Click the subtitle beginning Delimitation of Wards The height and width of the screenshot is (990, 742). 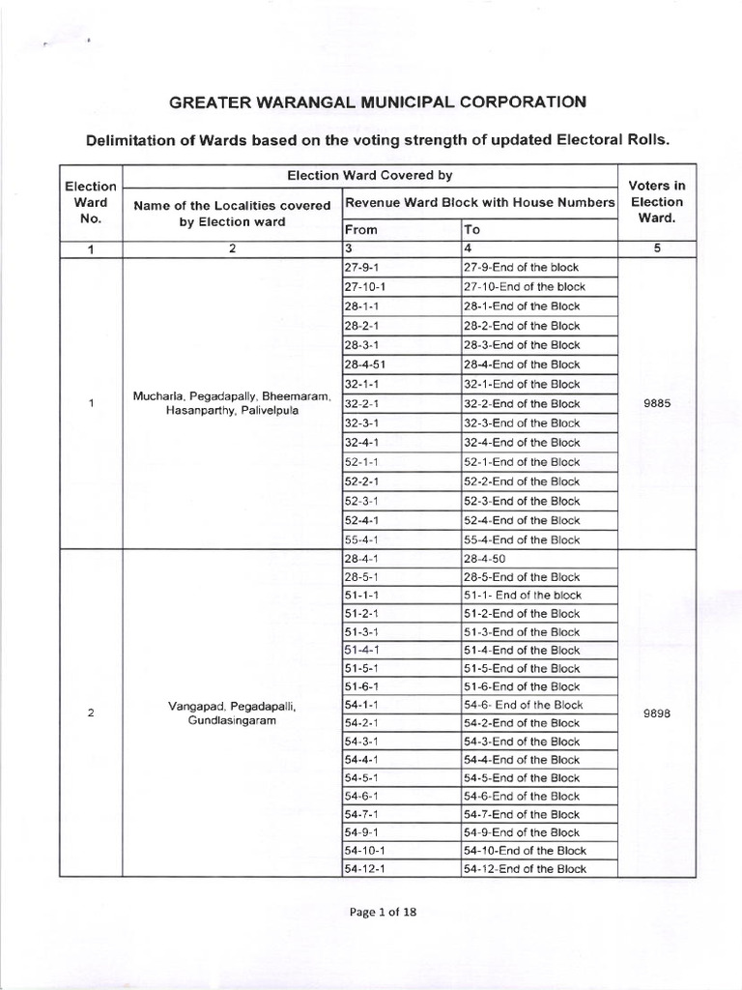(x=378, y=139)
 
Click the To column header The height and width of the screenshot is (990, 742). (x=472, y=231)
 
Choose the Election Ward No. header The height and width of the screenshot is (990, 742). (x=90, y=202)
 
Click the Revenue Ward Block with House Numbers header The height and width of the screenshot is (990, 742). (x=479, y=202)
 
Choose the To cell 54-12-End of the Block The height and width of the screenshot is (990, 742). (x=525, y=869)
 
